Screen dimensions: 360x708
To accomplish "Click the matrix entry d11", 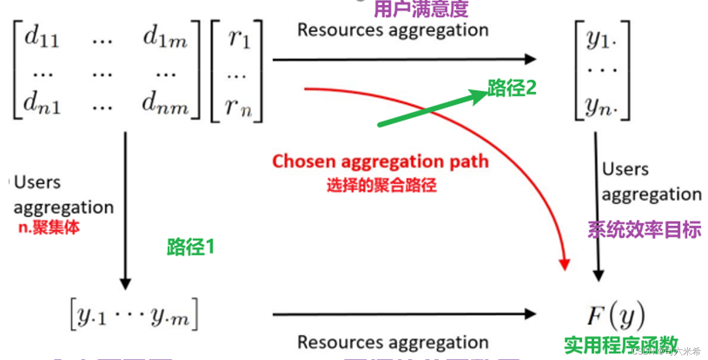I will click(42, 38).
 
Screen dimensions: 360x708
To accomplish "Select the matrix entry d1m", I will click(165, 38).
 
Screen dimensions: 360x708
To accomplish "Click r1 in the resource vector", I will click(239, 38).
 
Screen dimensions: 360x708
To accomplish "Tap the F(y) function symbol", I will click(616, 315).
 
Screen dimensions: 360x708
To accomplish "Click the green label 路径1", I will click(190, 247).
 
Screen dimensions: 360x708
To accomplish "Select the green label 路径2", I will click(512, 88).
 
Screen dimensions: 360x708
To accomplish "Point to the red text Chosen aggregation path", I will click(380, 162).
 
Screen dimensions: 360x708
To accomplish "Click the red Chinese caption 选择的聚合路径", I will click(382, 185).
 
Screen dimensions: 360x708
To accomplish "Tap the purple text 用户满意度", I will click(421, 9).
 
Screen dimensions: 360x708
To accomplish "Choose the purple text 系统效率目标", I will click(644, 230).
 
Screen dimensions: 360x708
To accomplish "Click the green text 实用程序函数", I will click(621, 345).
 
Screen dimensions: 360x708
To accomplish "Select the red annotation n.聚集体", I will click(49, 227).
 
